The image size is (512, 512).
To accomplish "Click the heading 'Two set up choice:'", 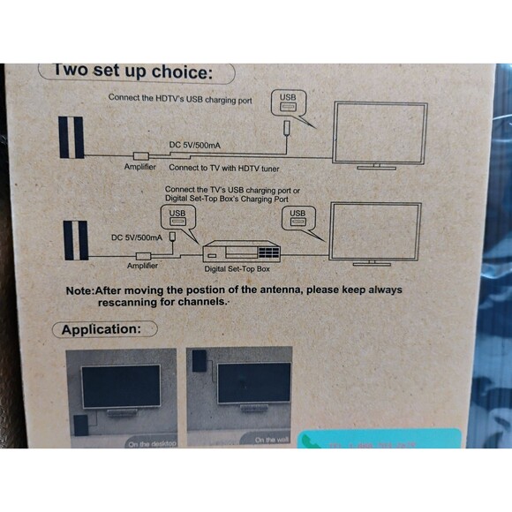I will [x=133, y=72].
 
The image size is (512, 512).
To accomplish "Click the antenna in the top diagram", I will [x=72, y=137].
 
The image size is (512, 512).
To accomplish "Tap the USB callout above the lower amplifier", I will [x=177, y=217].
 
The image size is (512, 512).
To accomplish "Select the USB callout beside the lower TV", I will [x=298, y=217].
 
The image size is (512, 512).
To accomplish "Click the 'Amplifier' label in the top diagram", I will [x=139, y=166].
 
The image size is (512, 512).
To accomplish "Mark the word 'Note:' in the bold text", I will [x=83, y=290].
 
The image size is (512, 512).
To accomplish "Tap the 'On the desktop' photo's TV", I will [x=120, y=385].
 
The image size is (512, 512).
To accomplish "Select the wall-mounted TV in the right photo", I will [x=254, y=384].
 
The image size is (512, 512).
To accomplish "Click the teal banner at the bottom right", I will [x=379, y=439].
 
